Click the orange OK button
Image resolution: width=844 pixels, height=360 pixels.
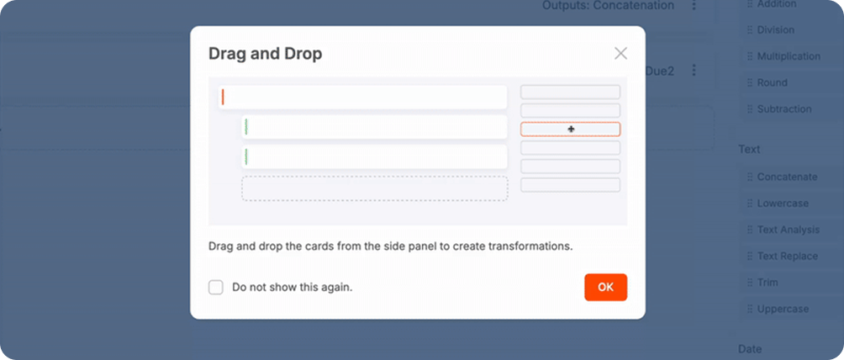605,288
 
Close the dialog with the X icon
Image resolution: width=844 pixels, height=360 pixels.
620,53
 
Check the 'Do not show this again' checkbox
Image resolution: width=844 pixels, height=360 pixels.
216,288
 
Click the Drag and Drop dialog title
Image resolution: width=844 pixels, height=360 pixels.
266,54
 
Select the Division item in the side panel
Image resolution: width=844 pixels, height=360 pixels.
776,30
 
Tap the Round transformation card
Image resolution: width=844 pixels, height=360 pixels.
772,83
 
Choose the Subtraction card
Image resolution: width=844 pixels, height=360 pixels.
783,109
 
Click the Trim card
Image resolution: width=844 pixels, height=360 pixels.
767,283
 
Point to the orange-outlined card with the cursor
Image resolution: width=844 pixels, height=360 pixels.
570,130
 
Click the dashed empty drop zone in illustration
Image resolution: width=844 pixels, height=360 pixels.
375,188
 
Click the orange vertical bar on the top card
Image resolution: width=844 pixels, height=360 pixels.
223,97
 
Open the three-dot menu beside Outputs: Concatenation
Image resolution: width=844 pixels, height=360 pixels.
694,5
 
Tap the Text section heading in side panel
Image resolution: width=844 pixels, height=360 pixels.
749,149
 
